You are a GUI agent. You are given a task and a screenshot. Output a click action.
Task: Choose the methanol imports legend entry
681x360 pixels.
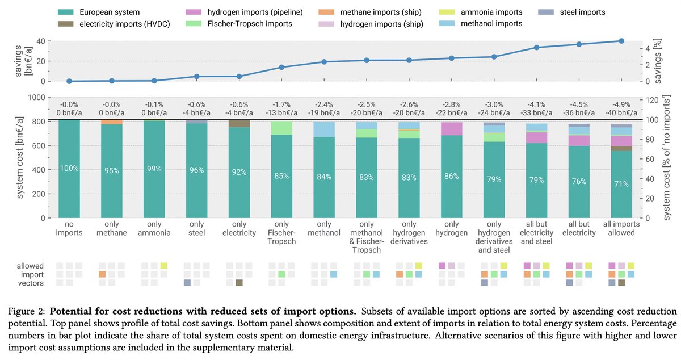click(x=491, y=23)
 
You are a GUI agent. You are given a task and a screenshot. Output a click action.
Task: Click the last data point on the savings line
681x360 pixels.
click(x=621, y=41)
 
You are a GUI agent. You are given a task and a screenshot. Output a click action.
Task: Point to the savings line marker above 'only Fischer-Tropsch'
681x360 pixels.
click(x=281, y=67)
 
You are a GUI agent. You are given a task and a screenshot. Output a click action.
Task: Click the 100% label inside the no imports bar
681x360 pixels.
click(x=69, y=168)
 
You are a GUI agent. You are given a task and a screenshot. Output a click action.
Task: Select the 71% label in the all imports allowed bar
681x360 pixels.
click(x=621, y=184)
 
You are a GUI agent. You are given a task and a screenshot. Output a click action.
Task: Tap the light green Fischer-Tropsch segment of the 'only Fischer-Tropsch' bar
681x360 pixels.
click(x=281, y=128)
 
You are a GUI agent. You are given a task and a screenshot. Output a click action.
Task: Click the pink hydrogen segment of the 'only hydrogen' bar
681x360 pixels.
click(x=451, y=128)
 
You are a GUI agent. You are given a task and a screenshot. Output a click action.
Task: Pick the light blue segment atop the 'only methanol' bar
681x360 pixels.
click(x=324, y=129)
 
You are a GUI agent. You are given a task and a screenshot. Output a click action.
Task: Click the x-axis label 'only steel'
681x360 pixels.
click(x=196, y=228)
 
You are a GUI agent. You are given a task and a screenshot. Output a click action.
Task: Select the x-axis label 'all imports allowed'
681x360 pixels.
click(x=621, y=228)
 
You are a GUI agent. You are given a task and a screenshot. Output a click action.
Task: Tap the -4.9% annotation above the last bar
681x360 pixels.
click(x=621, y=104)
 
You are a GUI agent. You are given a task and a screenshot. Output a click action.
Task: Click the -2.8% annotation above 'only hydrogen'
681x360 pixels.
click(x=451, y=104)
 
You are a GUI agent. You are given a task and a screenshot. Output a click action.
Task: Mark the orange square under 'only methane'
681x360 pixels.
click(x=102, y=274)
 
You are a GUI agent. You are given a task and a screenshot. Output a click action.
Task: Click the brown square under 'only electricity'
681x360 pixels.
click(x=239, y=283)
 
